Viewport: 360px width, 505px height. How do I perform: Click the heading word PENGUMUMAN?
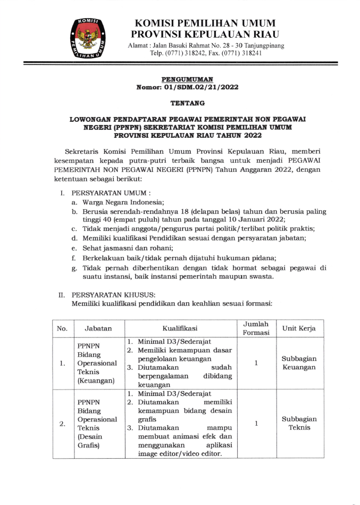(183, 79)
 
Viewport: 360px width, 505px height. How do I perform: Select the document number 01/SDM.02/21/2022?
(198, 87)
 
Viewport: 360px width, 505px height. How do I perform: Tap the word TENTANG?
(183, 103)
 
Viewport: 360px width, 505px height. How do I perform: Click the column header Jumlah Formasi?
(256, 328)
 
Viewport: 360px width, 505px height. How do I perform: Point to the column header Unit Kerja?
(299, 328)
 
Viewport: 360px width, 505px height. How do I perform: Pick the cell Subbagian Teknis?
(299, 424)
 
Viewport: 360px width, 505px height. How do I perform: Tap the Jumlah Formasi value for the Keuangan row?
(256, 363)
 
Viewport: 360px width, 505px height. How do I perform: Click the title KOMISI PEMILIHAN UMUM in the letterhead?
(205, 23)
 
